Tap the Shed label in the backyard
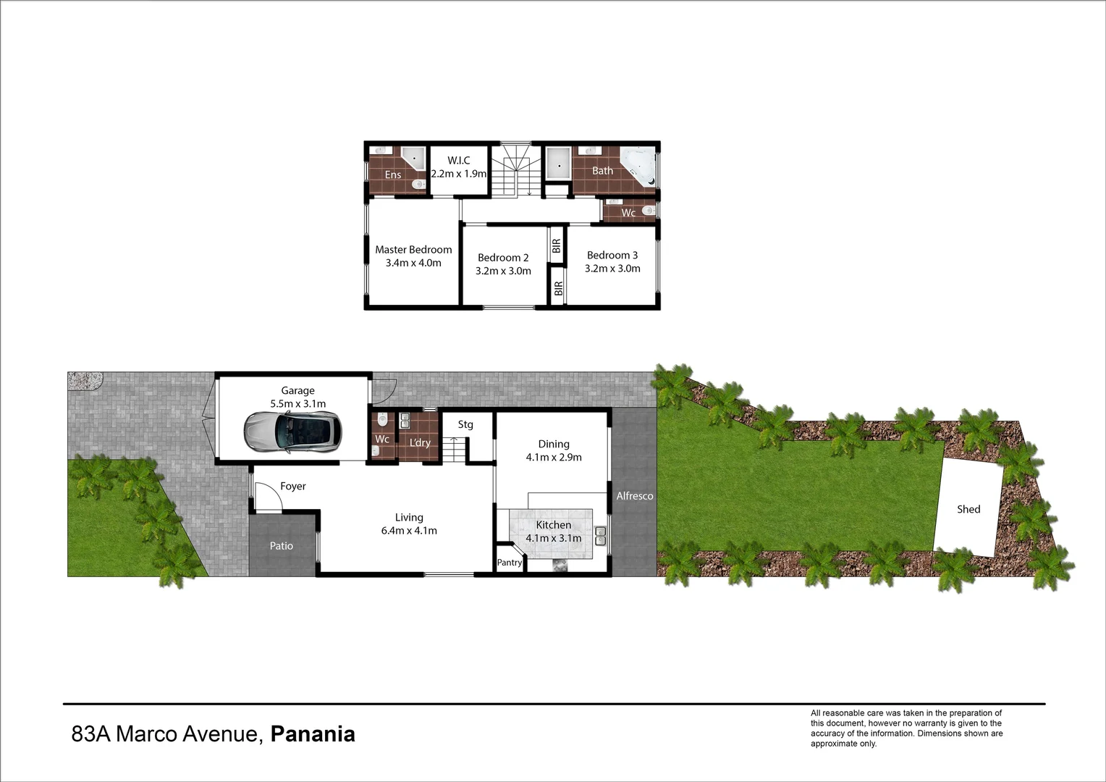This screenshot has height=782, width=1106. click(968, 509)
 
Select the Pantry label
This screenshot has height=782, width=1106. click(510, 563)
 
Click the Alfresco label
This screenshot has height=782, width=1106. click(635, 496)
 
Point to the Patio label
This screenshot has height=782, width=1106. click(282, 546)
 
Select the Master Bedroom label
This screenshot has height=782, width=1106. click(413, 250)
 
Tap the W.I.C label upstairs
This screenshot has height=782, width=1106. click(459, 160)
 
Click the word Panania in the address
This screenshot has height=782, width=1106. click(313, 734)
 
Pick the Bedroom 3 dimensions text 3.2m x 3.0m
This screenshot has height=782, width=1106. click(612, 269)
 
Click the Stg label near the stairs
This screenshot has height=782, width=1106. click(465, 424)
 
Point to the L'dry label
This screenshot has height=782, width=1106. click(420, 442)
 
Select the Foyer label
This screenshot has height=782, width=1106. click(293, 487)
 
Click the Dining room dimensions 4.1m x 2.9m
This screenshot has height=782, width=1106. click(554, 458)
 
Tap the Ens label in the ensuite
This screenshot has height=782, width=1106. click(393, 175)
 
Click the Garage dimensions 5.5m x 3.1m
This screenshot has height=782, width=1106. click(297, 404)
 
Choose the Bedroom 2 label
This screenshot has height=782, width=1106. click(503, 258)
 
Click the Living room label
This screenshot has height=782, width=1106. click(409, 518)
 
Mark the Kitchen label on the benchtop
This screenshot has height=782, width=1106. click(554, 525)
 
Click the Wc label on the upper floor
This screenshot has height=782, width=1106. click(628, 213)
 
